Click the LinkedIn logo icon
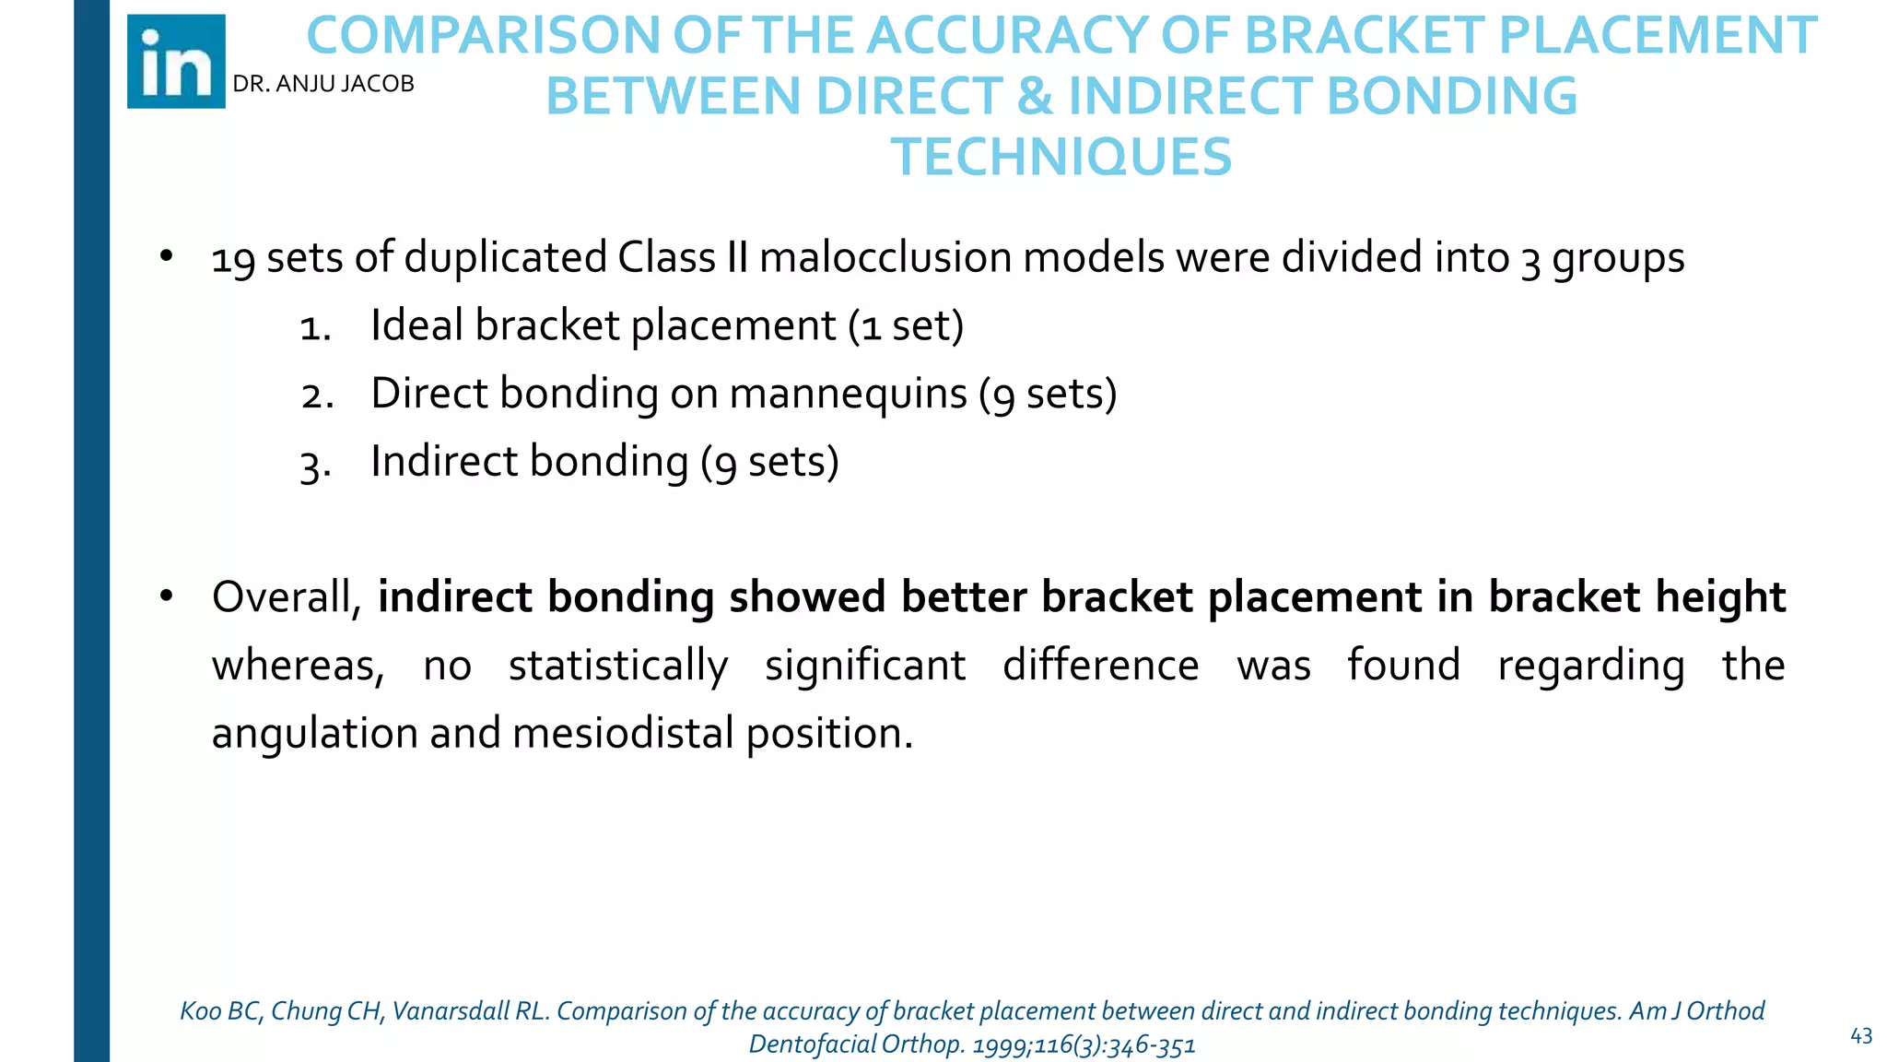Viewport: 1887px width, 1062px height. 176,62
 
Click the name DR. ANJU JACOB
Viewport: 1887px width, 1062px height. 323,84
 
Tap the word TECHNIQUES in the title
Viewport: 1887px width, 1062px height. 1061,157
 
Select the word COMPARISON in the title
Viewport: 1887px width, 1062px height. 482,36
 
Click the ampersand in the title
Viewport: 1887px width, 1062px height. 1035,97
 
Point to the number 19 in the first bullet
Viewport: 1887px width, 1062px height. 233,259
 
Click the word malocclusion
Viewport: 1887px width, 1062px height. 885,257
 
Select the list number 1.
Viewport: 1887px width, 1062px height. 315,328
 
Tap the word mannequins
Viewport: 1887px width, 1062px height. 848,395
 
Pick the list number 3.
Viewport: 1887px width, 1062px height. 315,465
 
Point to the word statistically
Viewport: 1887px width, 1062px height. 618,667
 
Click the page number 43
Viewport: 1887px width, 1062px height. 1861,1036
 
